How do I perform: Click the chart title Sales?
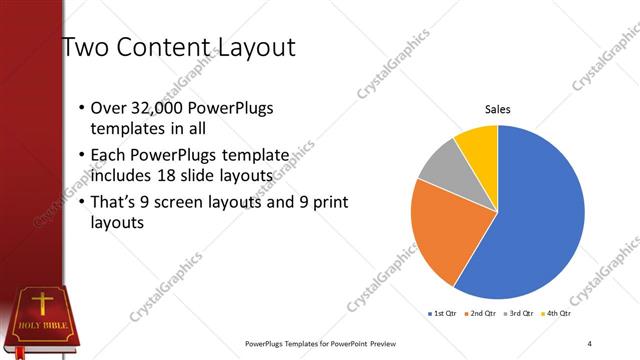[x=497, y=110]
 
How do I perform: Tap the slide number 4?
[x=590, y=344]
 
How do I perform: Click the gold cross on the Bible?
[x=43, y=304]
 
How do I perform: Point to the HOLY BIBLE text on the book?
[x=39, y=326]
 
